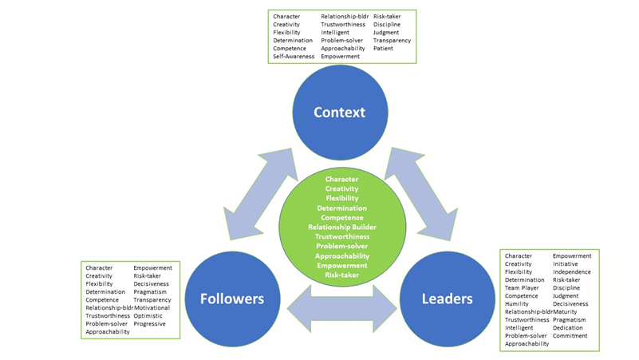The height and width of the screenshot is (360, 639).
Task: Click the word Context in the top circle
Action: pos(339,113)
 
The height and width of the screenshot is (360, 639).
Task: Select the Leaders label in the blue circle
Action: pos(447,299)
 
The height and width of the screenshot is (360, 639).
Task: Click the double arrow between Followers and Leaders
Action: pos(341,308)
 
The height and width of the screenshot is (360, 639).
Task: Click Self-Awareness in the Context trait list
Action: pos(294,57)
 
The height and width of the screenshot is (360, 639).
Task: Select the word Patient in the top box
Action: pos(383,49)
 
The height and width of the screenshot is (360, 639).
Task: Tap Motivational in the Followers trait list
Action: pos(152,308)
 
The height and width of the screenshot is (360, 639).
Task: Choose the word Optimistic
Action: pos(148,316)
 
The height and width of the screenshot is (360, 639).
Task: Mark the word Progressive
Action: pos(149,324)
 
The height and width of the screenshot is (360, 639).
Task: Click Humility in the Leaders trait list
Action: pos(518,304)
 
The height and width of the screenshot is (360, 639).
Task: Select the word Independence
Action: pos(572,272)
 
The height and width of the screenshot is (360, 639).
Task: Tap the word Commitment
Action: pos(570,336)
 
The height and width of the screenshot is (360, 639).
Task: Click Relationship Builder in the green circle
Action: pos(342,227)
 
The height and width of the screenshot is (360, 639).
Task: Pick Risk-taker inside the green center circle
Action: pos(342,275)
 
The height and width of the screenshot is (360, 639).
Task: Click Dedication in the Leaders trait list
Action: pos(568,328)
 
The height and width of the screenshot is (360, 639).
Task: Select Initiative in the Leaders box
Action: pos(566,264)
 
